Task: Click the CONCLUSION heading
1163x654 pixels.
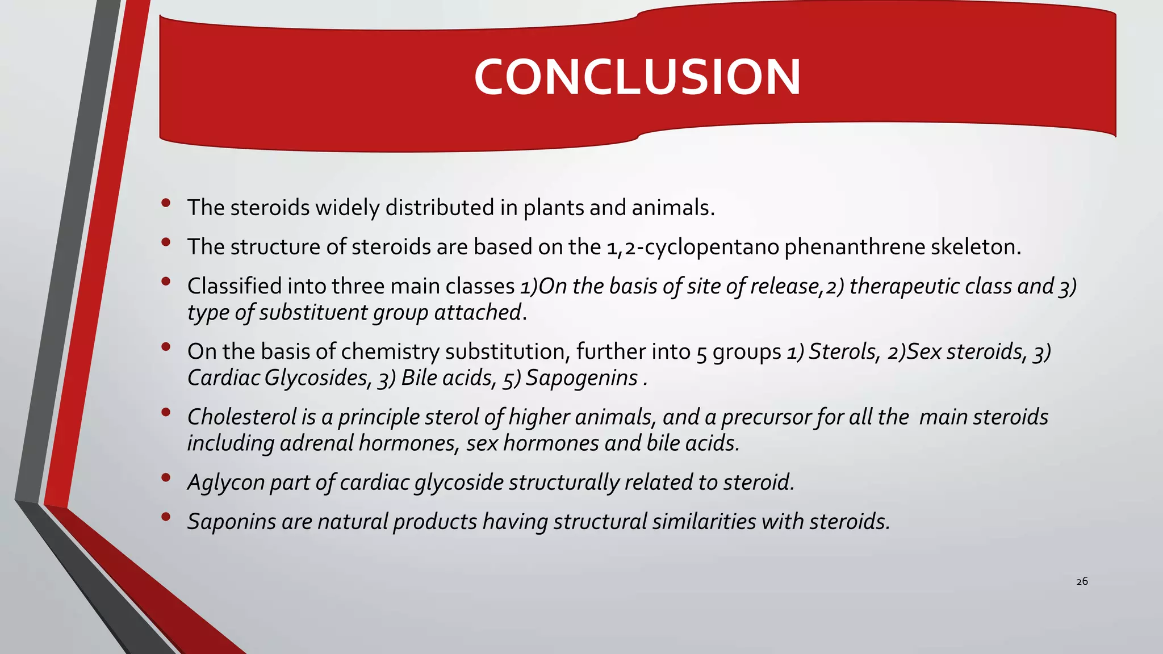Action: pyautogui.click(x=637, y=77)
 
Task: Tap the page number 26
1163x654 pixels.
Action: pyautogui.click(x=1082, y=581)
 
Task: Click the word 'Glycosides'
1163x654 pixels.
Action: pyautogui.click(x=319, y=378)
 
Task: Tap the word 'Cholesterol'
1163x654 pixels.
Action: pyautogui.click(x=242, y=417)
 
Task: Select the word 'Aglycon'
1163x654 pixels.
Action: pyautogui.click(x=225, y=483)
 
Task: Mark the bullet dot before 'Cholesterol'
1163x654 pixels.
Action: pyautogui.click(x=166, y=412)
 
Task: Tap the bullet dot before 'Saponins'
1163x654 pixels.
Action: pyautogui.click(x=166, y=517)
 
